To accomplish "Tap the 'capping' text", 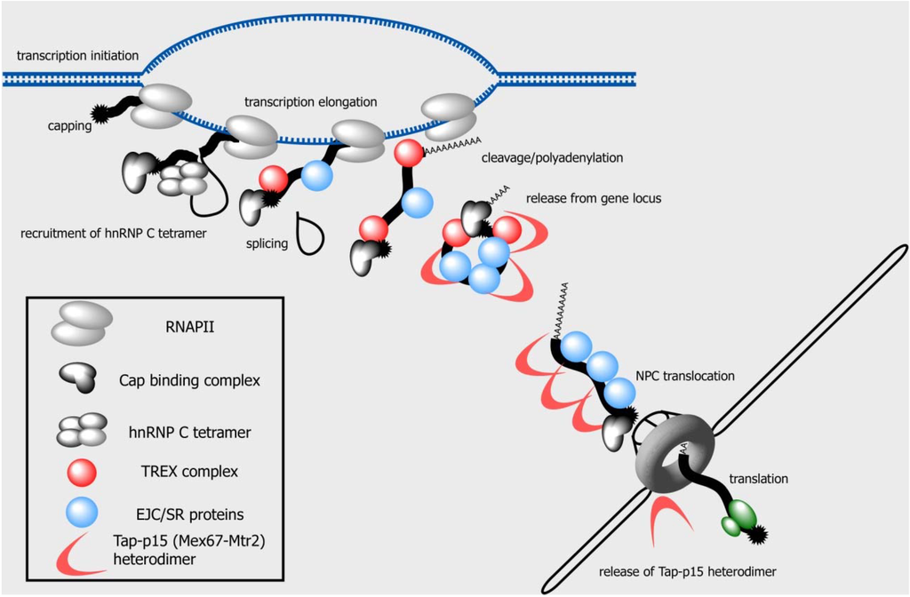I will (x=69, y=126).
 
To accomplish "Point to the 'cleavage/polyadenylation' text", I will (x=551, y=158).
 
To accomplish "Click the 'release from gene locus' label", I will (x=593, y=197).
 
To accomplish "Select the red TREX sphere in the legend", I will (x=82, y=472).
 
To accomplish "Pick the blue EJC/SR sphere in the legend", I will (x=82, y=513).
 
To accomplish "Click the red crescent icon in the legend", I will (x=80, y=552).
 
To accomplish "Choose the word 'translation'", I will (x=758, y=479).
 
